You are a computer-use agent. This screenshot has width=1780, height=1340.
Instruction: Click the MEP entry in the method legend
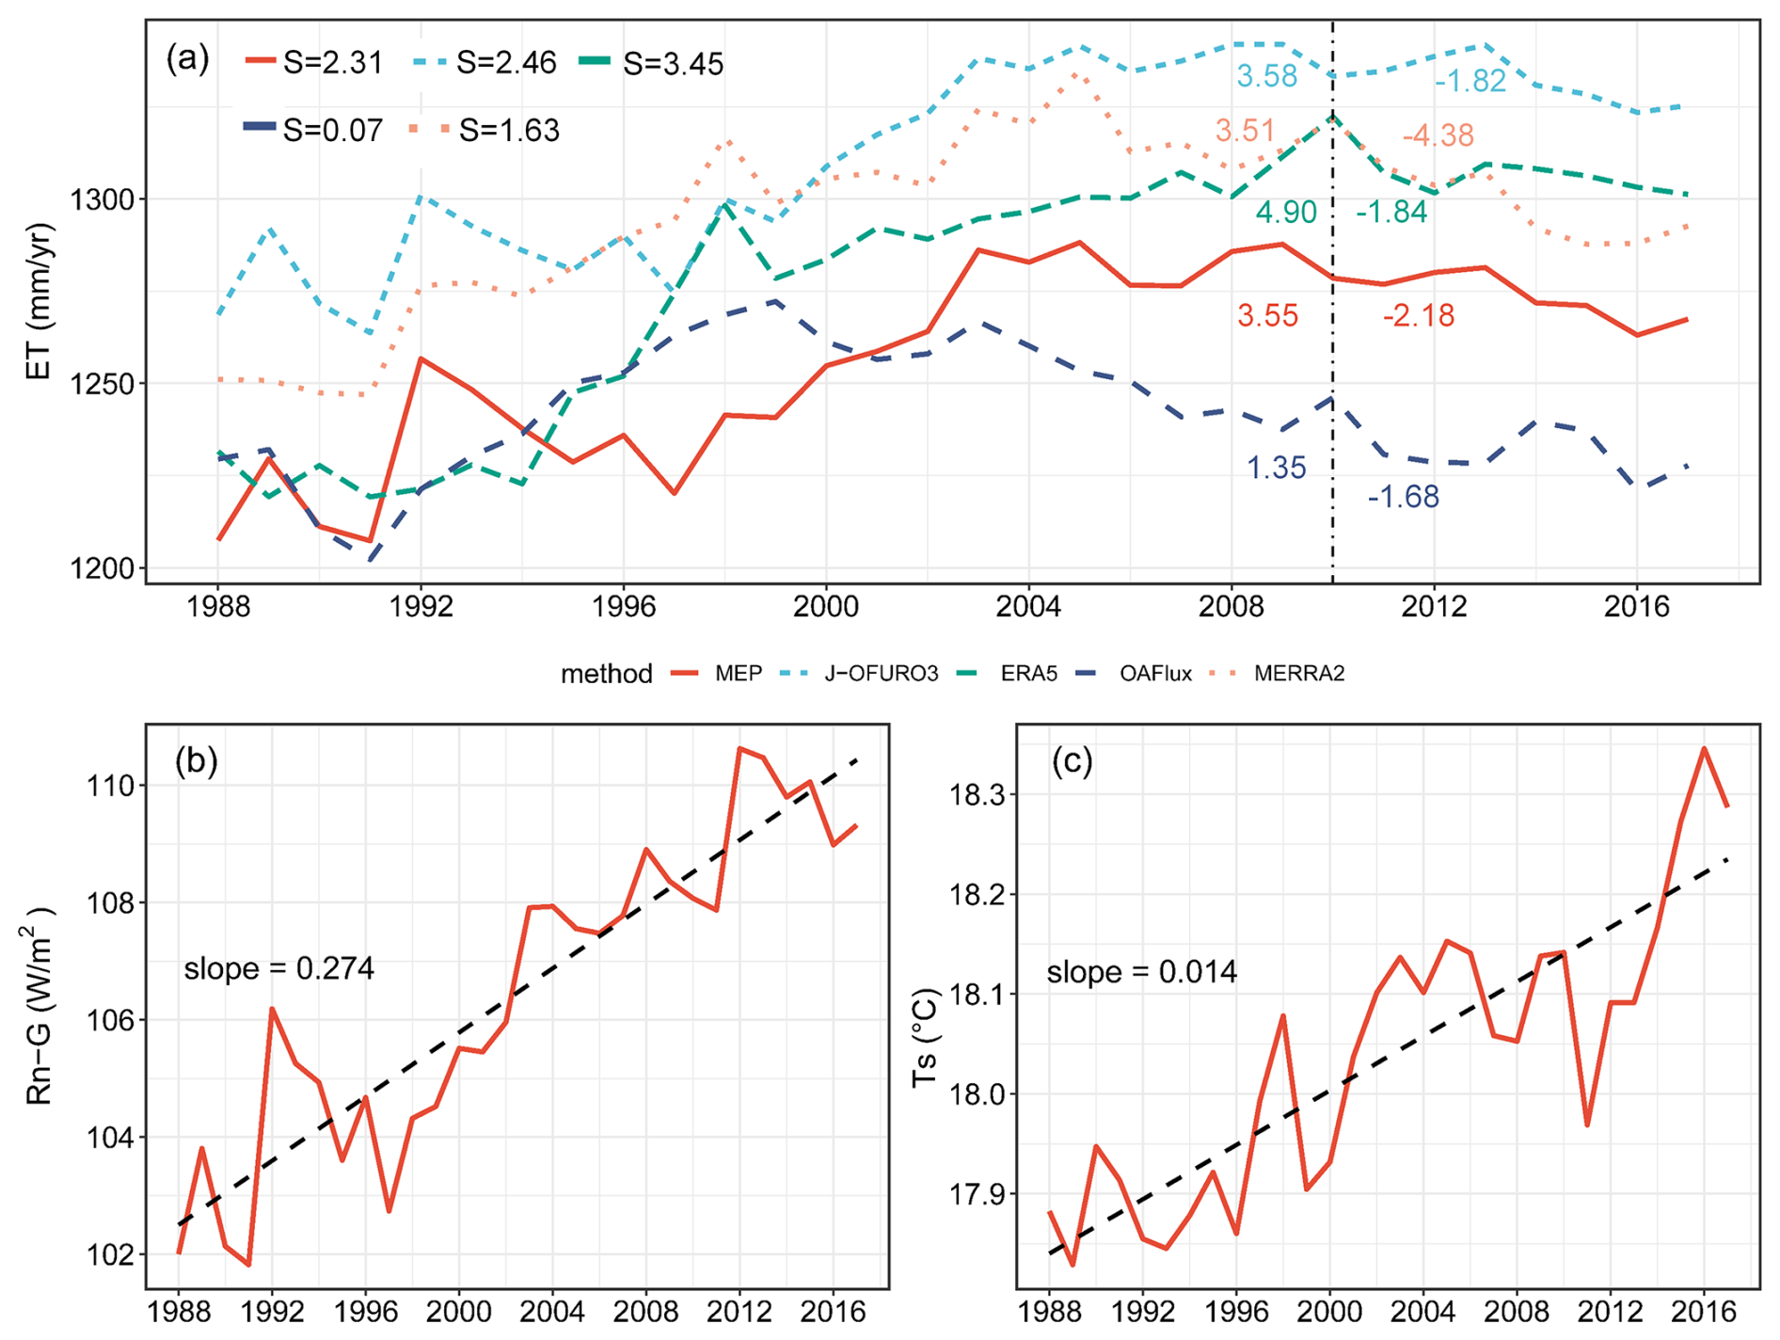tap(739, 674)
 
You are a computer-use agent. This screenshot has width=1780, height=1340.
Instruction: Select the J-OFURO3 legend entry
tap(882, 674)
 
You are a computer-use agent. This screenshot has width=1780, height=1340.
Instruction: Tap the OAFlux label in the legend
tap(1155, 674)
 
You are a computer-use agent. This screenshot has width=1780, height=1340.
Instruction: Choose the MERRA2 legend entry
tap(1298, 674)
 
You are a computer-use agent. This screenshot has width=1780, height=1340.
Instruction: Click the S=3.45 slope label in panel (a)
tap(674, 64)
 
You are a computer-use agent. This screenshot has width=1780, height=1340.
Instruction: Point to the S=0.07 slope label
tap(333, 130)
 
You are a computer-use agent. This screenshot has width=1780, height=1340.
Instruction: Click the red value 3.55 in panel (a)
tap(1267, 315)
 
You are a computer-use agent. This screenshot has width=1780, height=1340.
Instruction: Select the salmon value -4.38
tap(1438, 136)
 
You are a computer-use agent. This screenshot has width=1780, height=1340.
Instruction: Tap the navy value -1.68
tap(1403, 496)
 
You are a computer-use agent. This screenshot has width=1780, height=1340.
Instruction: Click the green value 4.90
tap(1286, 213)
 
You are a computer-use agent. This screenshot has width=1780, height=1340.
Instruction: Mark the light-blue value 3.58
tap(1266, 76)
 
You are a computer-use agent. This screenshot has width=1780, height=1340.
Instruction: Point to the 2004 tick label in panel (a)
tap(1028, 607)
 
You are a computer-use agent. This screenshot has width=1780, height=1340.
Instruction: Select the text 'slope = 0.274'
tap(278, 968)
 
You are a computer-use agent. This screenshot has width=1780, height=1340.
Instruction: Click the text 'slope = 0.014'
tap(1141, 971)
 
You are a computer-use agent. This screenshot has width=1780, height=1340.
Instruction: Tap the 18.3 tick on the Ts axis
tap(978, 795)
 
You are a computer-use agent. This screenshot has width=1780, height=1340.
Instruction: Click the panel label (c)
tap(1073, 761)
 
